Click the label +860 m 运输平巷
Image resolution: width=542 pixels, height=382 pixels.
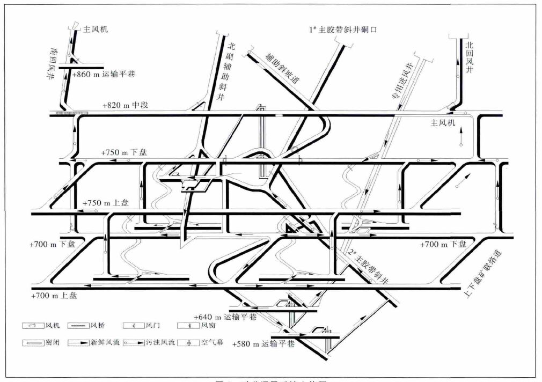click(x=102, y=74)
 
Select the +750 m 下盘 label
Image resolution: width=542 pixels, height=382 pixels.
click(x=124, y=153)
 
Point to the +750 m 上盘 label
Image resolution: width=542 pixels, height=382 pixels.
click(x=105, y=204)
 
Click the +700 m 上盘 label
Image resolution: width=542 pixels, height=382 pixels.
click(x=54, y=296)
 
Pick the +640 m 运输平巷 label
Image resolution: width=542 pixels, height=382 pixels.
click(x=225, y=317)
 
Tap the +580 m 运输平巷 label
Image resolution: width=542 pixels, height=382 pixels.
click(x=263, y=344)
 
